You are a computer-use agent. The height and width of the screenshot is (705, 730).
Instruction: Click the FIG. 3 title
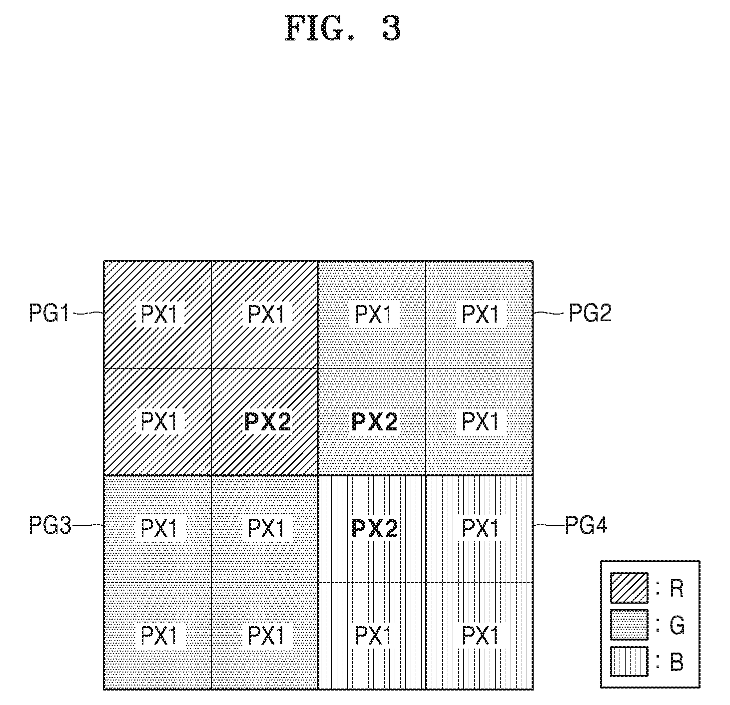click(x=343, y=28)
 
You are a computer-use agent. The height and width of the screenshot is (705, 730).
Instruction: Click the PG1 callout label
click(x=49, y=313)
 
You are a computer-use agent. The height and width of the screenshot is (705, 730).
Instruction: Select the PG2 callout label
click(x=590, y=313)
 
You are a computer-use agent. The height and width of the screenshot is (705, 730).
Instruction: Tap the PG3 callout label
click(x=50, y=525)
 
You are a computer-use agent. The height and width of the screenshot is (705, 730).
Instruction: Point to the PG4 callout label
click(x=586, y=525)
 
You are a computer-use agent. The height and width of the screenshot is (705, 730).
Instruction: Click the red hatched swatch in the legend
click(x=629, y=588)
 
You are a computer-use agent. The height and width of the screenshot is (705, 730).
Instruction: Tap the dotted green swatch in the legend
click(x=629, y=625)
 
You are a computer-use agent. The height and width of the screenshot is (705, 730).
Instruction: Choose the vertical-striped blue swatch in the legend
click(x=629, y=662)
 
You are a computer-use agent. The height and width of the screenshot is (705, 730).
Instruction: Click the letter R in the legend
click(x=677, y=589)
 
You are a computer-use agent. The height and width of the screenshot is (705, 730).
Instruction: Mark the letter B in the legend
click(x=677, y=662)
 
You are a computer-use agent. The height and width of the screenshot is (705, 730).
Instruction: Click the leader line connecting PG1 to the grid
click(x=87, y=313)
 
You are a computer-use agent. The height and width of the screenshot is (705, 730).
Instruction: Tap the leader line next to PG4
click(x=549, y=525)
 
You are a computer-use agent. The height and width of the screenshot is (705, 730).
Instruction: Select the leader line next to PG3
click(x=88, y=525)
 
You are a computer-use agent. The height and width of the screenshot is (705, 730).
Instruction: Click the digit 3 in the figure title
click(x=392, y=28)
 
